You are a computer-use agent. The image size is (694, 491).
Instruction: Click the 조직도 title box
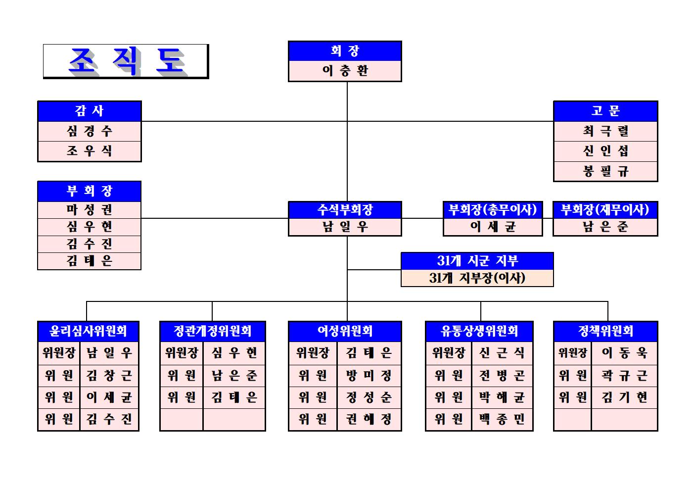point(126,61)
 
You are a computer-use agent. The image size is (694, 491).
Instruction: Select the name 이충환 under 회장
point(345,71)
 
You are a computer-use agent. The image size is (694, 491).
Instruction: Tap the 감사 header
point(90,111)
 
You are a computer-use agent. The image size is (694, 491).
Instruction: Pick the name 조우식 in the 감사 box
point(90,151)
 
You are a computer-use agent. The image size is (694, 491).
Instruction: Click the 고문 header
point(605,111)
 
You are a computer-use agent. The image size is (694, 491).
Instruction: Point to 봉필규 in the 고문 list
point(605,171)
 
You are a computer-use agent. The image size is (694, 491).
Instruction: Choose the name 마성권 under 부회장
point(90,210)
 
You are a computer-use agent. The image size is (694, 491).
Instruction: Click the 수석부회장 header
point(345,210)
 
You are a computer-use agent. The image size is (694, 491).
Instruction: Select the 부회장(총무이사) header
point(493,210)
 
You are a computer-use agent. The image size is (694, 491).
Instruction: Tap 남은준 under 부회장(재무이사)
point(605,227)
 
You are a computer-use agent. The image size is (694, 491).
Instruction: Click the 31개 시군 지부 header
point(477,261)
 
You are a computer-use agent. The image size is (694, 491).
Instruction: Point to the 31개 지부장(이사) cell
point(477,278)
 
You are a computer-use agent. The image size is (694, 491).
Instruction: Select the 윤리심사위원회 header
point(88,331)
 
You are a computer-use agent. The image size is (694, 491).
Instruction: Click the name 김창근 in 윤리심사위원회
point(109,375)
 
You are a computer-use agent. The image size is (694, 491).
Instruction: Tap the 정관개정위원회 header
point(213,331)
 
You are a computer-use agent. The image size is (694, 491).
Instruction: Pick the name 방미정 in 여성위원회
point(369,375)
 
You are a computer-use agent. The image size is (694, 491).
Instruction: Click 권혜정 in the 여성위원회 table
point(369,419)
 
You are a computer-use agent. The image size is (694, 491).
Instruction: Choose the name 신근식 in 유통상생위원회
point(502,353)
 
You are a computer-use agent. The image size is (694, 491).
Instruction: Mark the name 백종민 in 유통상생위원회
point(502,419)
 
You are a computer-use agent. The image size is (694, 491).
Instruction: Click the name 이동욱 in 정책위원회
point(624,353)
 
